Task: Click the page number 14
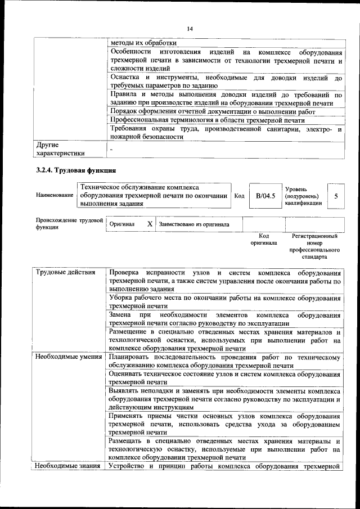189,29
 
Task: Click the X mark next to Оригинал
150,224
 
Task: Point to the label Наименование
55,195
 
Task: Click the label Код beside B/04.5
239,196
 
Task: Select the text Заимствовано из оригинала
194,224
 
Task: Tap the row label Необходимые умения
69,357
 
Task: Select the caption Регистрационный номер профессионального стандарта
314,246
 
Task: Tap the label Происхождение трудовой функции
68,224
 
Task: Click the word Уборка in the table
123,298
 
